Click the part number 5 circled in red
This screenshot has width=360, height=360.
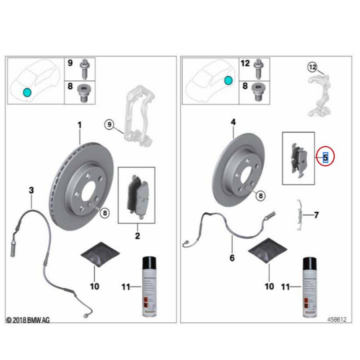[326, 157]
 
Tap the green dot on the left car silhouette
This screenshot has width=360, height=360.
[26, 92]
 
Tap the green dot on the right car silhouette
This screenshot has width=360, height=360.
[228, 81]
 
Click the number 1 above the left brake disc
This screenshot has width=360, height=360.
[79, 125]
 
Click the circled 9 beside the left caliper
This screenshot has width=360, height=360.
[109, 124]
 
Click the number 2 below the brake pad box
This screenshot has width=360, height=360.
[137, 236]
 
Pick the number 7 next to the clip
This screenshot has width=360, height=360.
[316, 216]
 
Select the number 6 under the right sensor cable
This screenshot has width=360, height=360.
[232, 258]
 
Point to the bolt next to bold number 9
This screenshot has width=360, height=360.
[85, 69]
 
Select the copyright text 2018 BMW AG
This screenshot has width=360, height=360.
[28, 320]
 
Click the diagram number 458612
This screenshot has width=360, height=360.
[336, 320]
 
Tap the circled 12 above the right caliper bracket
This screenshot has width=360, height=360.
[312, 67]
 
